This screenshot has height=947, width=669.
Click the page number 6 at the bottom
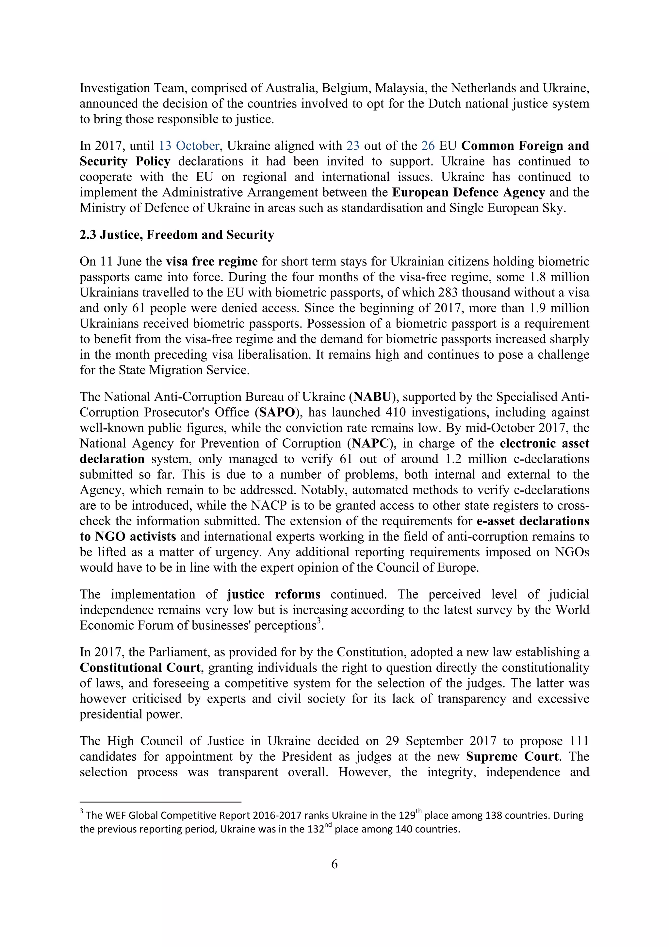[334, 864]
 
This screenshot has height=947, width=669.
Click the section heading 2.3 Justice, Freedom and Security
[177, 235]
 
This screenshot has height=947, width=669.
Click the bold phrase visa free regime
[212, 262]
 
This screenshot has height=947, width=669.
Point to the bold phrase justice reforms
[274, 594]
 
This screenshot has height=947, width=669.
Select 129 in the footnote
[406, 815]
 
